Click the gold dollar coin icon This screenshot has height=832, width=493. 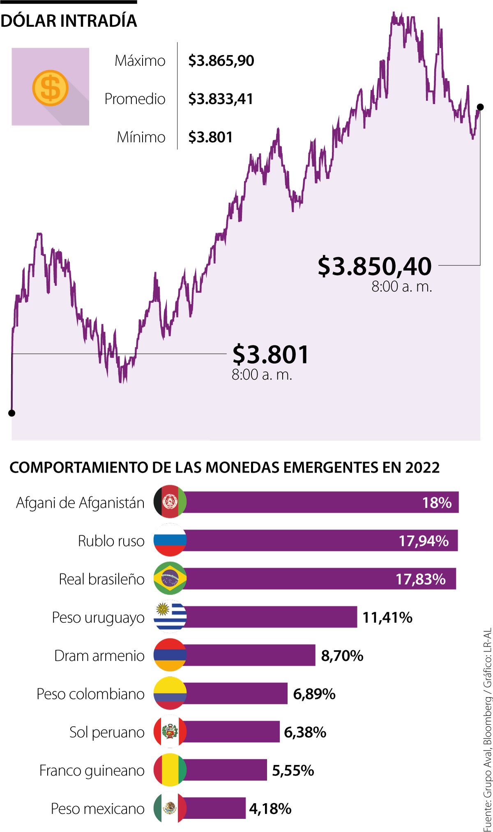coord(50,88)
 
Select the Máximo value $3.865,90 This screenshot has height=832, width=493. coord(221,61)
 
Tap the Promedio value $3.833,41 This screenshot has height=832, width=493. coord(221,99)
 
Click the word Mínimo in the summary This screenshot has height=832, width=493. coord(141,137)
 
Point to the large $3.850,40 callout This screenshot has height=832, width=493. coord(375,266)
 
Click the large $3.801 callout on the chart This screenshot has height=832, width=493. coord(270,354)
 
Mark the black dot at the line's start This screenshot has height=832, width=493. coord(12,413)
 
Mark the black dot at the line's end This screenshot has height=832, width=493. coord(480,107)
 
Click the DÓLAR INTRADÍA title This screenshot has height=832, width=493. coord(69,21)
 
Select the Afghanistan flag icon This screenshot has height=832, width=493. coord(170,502)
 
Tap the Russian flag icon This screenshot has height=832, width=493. coord(170,540)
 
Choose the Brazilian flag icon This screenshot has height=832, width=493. coord(170,578)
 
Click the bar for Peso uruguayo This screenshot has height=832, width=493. coord(271,617)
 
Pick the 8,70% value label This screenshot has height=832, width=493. coord(342,656)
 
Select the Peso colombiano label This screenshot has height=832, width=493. coord(90,694)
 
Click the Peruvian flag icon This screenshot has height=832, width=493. coord(170,732)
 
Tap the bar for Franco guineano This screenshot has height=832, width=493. coord(226,770)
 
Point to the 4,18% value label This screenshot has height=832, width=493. coord(270,809)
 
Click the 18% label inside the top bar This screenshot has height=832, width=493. coord(437,502)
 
